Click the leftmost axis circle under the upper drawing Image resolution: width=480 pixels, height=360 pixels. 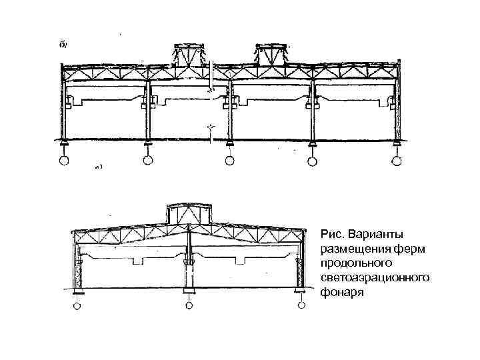pyautogui.click(x=63, y=161)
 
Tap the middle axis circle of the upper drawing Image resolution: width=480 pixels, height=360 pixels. pyautogui.click(x=229, y=161)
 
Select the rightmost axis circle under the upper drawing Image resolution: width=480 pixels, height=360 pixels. pyautogui.click(x=397, y=161)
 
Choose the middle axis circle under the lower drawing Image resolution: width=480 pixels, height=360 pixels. pyautogui.click(x=189, y=306)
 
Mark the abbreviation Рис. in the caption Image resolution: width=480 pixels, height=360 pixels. pyautogui.click(x=333, y=235)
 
